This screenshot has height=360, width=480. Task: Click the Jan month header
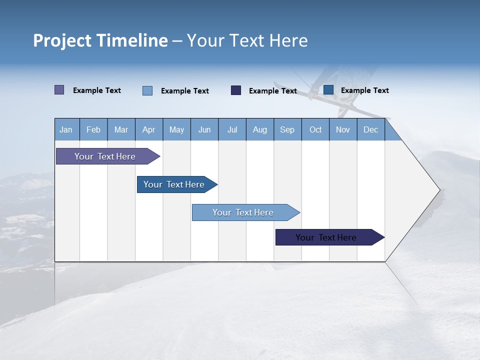(x=66, y=130)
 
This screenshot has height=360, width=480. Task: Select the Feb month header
(x=93, y=130)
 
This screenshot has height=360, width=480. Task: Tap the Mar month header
(x=121, y=130)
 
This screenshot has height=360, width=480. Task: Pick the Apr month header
(x=149, y=130)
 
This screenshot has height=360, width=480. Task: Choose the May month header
(x=176, y=130)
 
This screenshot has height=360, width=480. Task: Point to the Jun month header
(x=204, y=130)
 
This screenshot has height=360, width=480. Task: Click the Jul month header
(x=232, y=130)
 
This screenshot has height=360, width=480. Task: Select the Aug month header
(x=260, y=130)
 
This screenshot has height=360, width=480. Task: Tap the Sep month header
(x=287, y=130)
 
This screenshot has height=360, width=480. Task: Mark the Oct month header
(x=315, y=130)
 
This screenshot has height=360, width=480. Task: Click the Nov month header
(x=343, y=130)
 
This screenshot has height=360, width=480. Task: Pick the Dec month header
(x=371, y=130)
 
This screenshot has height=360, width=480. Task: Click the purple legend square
(x=59, y=90)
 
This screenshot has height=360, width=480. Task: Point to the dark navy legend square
(x=236, y=90)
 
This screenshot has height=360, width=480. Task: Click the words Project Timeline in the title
(x=100, y=40)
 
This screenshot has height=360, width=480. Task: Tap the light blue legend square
(x=147, y=90)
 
